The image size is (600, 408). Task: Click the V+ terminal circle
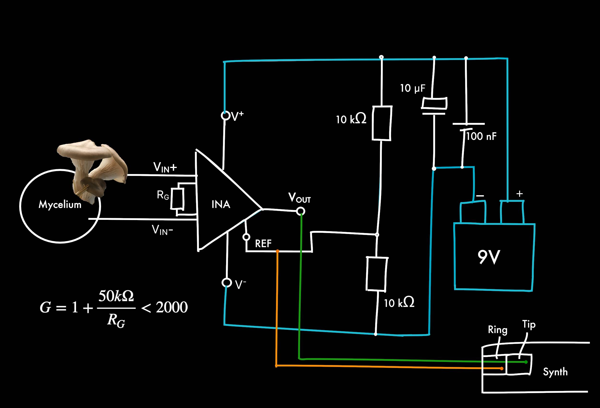[x=225, y=116]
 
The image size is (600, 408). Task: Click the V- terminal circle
[x=227, y=282]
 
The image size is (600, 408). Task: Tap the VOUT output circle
[x=300, y=211]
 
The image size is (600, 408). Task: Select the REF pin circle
[x=246, y=237]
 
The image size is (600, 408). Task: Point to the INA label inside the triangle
[x=221, y=204]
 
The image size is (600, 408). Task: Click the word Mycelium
[x=60, y=204]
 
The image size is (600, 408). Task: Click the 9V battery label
[x=489, y=257]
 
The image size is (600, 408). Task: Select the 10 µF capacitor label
[x=413, y=88]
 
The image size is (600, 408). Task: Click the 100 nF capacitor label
[x=481, y=136]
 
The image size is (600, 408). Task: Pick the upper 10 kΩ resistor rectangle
[x=382, y=123]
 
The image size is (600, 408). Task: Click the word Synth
[x=555, y=372]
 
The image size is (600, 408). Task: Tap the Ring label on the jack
[x=498, y=330]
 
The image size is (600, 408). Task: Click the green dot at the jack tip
[x=526, y=362]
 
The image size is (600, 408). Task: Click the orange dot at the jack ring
[x=502, y=368]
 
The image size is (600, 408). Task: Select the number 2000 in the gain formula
[x=172, y=307]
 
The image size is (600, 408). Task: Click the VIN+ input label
[x=165, y=167]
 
